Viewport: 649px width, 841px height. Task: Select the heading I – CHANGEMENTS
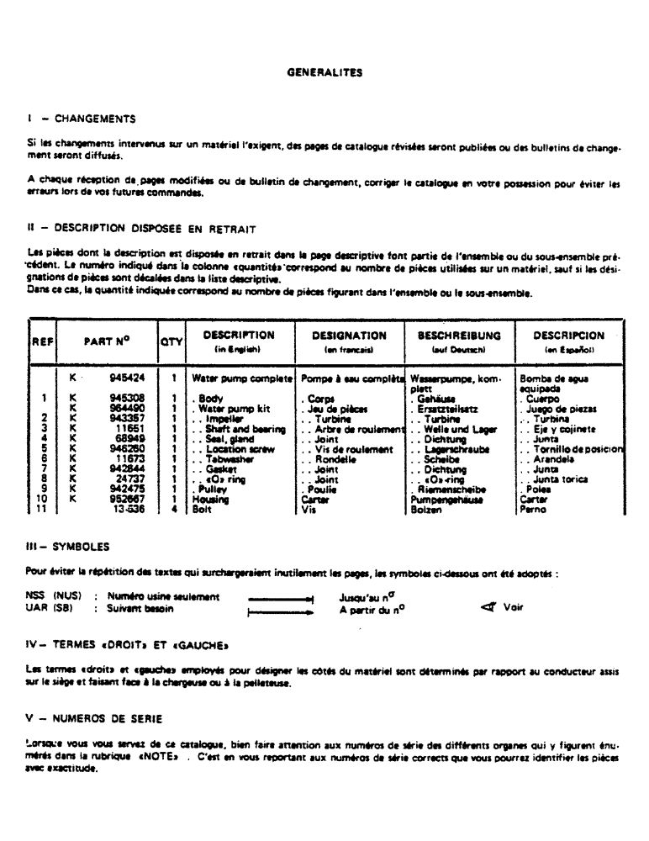[x=82, y=119]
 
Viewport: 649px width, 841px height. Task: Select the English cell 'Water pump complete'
[x=243, y=379]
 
